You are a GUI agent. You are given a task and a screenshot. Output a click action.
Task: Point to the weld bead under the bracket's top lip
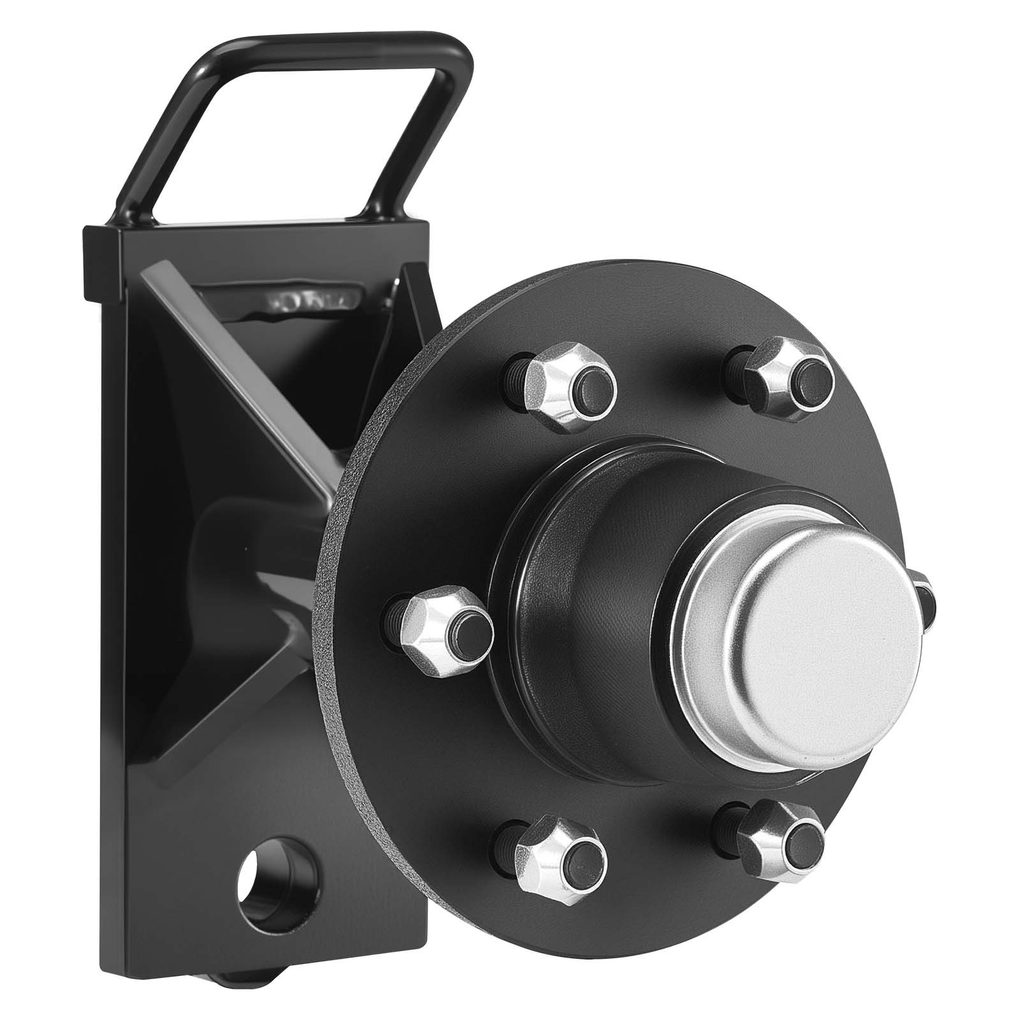click(x=306, y=300)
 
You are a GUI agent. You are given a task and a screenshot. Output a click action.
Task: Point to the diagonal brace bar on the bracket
click(x=242, y=363)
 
